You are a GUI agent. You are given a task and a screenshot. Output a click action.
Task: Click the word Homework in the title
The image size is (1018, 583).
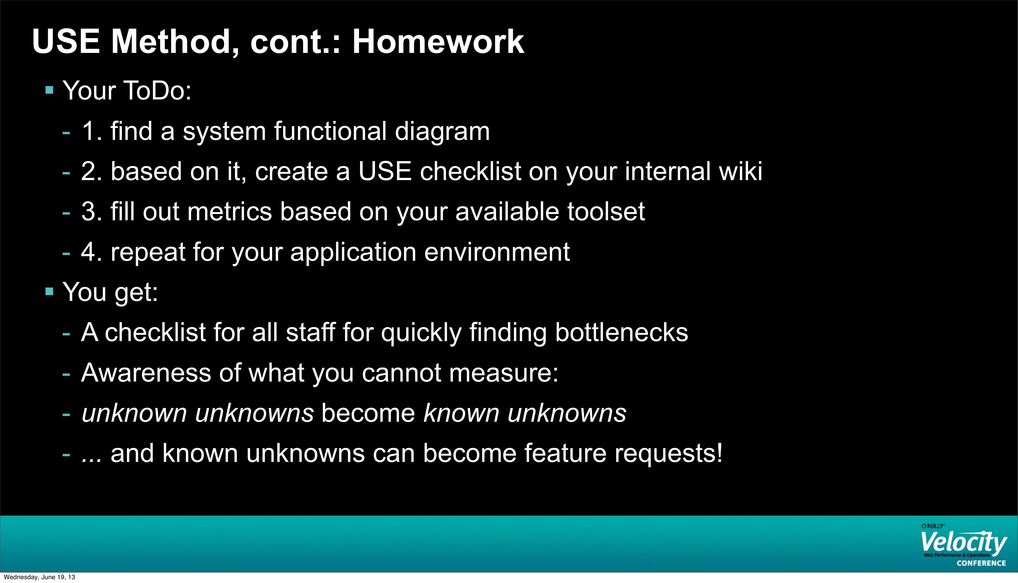point(438,42)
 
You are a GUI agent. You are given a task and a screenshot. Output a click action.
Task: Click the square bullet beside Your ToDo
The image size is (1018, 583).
point(50,90)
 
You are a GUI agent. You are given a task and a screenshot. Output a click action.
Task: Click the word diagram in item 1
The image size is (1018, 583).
point(442,132)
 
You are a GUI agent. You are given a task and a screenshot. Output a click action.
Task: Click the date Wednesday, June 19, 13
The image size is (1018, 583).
point(39,577)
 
